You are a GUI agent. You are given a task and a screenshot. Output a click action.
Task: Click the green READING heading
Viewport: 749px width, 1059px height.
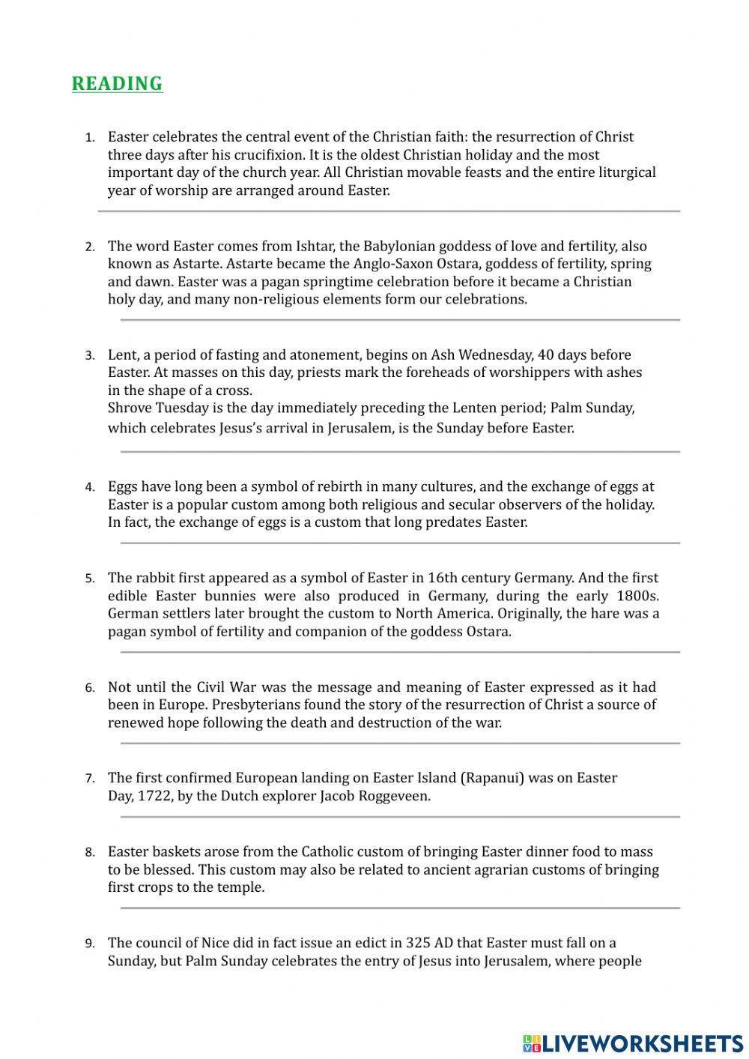pyautogui.click(x=117, y=84)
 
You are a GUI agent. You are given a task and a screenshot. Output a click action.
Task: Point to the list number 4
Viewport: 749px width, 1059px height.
pyautogui.click(x=90, y=487)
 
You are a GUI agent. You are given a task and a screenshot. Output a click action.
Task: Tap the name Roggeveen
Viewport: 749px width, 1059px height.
pyautogui.click(x=395, y=796)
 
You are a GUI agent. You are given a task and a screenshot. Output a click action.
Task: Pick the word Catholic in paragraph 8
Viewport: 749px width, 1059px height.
pyautogui.click(x=327, y=851)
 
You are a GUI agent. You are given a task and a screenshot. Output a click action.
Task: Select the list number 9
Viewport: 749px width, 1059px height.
pyautogui.click(x=90, y=944)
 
